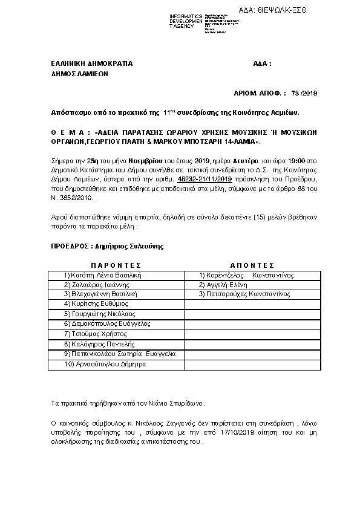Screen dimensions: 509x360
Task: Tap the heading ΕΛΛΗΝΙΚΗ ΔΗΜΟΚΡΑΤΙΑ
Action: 91,63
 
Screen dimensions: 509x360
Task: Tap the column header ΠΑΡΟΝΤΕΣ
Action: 116,265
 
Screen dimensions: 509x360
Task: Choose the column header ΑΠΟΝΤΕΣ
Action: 252,265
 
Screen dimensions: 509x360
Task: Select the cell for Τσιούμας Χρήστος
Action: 95,334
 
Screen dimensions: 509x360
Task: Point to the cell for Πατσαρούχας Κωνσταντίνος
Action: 244,294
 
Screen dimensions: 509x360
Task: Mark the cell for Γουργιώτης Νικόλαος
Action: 99,314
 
